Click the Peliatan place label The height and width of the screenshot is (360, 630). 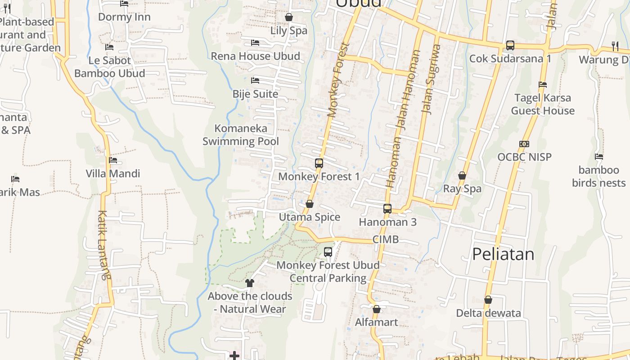[x=503, y=254]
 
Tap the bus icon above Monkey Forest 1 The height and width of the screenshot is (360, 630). [x=319, y=163]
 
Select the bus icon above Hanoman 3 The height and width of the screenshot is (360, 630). [x=387, y=209]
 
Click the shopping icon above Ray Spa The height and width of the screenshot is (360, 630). [x=462, y=175]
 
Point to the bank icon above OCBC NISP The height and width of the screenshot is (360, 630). [x=524, y=144]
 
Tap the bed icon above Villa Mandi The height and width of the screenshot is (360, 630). [x=113, y=160]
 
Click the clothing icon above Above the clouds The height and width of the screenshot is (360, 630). [x=250, y=283]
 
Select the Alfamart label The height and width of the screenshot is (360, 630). [x=377, y=322]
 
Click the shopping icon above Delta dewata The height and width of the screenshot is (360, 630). [x=488, y=300]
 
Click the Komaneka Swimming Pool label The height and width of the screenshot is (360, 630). [x=240, y=135]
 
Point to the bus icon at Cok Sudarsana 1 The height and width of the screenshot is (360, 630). [x=510, y=45]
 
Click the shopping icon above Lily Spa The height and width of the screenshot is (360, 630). [x=289, y=18]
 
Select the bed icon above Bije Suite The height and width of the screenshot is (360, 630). [x=255, y=81]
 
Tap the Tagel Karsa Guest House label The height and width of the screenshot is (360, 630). [x=543, y=104]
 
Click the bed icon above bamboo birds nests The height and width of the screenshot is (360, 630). [x=599, y=157]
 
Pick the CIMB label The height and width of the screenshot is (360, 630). [x=386, y=239]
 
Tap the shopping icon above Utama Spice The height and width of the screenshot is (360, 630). [x=310, y=204]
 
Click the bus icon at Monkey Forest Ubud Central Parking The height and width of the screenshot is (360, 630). [x=328, y=252]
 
